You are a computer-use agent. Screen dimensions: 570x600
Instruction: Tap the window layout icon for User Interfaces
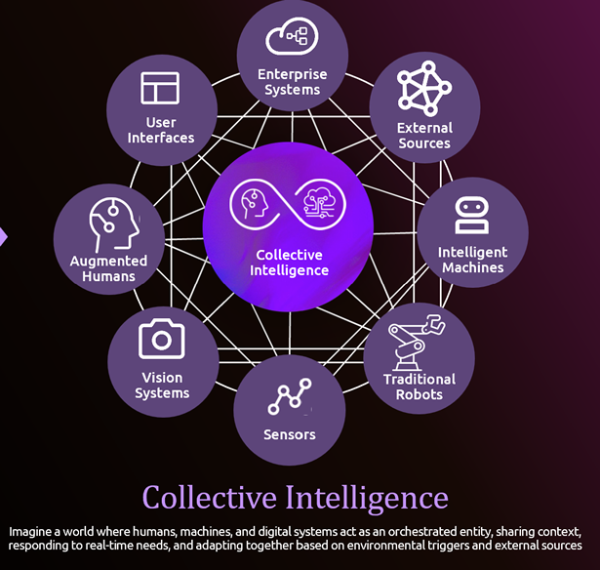tap(161, 88)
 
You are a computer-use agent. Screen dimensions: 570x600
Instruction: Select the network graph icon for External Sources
tap(424, 88)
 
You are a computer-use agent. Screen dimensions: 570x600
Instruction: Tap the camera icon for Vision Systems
tap(162, 339)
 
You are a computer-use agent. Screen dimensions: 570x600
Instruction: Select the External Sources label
tap(424, 136)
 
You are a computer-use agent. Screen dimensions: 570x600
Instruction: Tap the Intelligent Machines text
tap(472, 260)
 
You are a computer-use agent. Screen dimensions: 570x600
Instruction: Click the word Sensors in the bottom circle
tap(289, 433)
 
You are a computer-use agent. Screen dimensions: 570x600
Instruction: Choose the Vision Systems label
tap(162, 386)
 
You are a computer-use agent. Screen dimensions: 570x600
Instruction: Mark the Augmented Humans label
tap(108, 268)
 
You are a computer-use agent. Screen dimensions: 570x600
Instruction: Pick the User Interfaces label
tap(161, 130)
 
